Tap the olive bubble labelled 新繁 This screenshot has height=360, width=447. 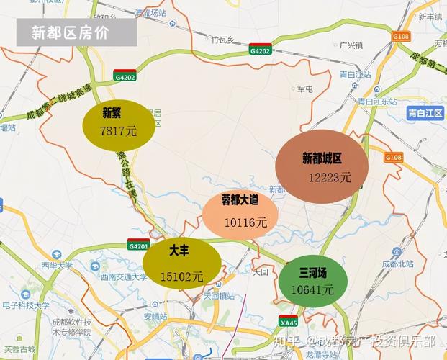click(x=119, y=123)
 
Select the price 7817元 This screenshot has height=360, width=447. click(x=118, y=131)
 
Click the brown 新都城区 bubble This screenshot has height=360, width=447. click(x=322, y=167)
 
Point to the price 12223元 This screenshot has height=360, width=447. click(x=330, y=177)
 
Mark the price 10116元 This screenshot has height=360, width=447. click(x=245, y=222)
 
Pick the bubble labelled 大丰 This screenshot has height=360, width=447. click(x=181, y=263)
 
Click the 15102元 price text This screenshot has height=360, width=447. click(x=181, y=276)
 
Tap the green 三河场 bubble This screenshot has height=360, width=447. click(x=313, y=281)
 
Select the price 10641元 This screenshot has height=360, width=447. click(x=312, y=290)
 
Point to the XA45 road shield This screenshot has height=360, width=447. click(x=289, y=322)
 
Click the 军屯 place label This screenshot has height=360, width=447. click(x=304, y=89)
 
